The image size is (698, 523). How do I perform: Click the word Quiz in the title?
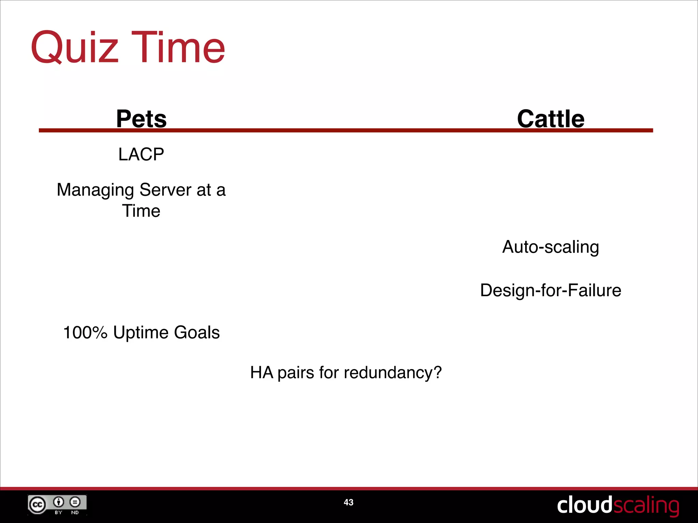click(74, 48)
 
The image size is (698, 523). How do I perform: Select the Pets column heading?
click(141, 119)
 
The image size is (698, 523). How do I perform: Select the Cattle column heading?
click(550, 119)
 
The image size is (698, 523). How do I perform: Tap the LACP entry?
click(141, 154)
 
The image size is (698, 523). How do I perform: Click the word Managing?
click(95, 190)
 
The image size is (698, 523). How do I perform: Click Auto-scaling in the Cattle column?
click(550, 247)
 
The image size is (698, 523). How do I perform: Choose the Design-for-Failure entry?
click(550, 290)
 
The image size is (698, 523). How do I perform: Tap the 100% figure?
click(85, 332)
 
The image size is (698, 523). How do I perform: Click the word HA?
click(261, 373)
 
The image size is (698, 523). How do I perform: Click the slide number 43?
click(348, 502)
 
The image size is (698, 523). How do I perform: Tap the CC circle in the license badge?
click(37, 505)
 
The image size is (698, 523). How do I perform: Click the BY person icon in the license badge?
click(58, 502)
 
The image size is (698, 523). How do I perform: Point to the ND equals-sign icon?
click(75, 502)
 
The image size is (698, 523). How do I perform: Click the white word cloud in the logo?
click(584, 505)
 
